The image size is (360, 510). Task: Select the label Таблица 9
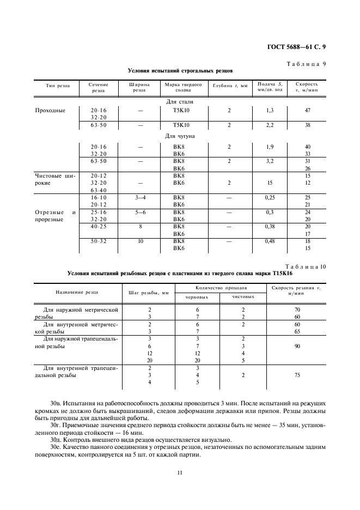coord(306,64)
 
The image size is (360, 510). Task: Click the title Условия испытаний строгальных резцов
coord(180,71)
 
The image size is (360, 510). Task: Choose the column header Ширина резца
coord(140,88)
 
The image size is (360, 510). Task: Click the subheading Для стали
coord(179,102)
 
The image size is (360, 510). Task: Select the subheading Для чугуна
coord(179,136)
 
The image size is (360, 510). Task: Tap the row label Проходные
coord(50,110)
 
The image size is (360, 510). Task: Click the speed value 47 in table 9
coord(307,110)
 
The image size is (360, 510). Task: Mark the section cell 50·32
coord(99,240)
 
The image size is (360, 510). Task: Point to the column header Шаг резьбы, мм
coord(149,293)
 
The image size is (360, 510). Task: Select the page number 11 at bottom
coord(179,472)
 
